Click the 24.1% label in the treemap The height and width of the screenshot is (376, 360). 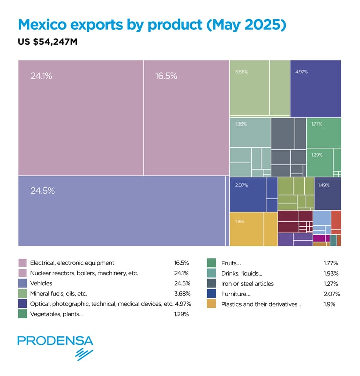pyautogui.click(x=41, y=76)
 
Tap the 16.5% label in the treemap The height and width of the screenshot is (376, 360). pyautogui.click(x=166, y=76)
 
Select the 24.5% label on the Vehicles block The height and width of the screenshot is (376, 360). pyautogui.click(x=42, y=191)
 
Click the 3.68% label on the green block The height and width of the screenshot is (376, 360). pyautogui.click(x=242, y=72)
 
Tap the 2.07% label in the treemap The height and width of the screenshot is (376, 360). pyautogui.click(x=242, y=186)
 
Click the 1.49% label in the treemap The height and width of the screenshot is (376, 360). pyautogui.click(x=324, y=185)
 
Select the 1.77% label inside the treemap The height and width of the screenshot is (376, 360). pyautogui.click(x=317, y=124)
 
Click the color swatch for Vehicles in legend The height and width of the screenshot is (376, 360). pyautogui.click(x=22, y=284)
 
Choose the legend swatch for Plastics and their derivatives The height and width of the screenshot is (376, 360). pyautogui.click(x=211, y=304)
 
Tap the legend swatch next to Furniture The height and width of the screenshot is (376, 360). pyautogui.click(x=211, y=294)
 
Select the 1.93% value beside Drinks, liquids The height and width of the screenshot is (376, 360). pyautogui.click(x=331, y=273)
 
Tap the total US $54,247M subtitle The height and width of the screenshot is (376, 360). pyautogui.click(x=47, y=42)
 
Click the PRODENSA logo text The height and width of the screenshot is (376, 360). pyautogui.click(x=55, y=341)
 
